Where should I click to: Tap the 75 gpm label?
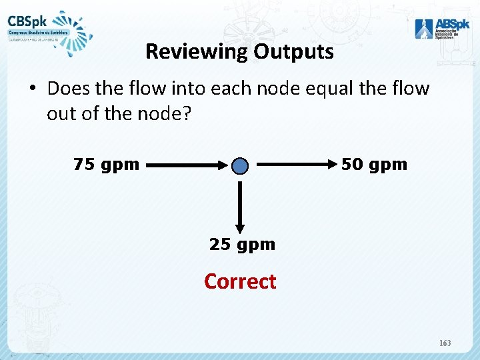106,165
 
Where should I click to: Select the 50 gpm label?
374,165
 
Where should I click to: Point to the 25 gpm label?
242,245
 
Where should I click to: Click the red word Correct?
240,281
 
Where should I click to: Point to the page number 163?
445,343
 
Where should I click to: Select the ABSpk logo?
435,27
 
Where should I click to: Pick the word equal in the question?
333,89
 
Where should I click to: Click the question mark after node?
186,114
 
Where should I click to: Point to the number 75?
84,165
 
